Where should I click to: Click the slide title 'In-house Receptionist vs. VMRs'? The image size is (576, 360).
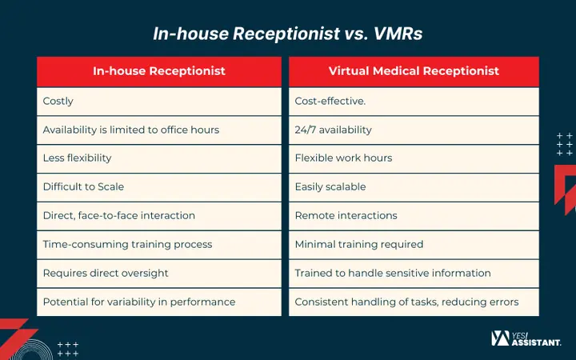pyautogui.click(x=288, y=34)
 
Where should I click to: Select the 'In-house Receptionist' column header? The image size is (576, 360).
pyautogui.click(x=159, y=71)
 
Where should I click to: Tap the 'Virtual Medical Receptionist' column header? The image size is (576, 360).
pyautogui.click(x=414, y=71)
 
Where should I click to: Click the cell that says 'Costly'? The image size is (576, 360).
pyautogui.click(x=159, y=102)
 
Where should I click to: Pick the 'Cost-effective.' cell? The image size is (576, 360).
pyautogui.click(x=414, y=102)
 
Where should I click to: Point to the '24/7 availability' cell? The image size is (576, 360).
pyautogui.click(x=414, y=130)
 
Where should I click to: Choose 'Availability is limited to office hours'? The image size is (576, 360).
pyautogui.click(x=159, y=130)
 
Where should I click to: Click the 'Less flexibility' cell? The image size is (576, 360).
pyautogui.click(x=159, y=158)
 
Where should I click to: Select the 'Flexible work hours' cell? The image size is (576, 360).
pyautogui.click(x=414, y=158)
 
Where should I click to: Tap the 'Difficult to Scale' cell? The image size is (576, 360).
pyautogui.click(x=159, y=187)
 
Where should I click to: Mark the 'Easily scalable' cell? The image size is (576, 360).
pyautogui.click(x=414, y=187)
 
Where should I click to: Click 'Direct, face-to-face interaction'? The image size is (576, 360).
pyautogui.click(x=159, y=216)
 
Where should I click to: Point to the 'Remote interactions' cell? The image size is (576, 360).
pyautogui.click(x=414, y=216)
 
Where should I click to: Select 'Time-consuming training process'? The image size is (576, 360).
pyautogui.click(x=159, y=245)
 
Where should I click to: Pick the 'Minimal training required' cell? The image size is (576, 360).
pyautogui.click(x=414, y=245)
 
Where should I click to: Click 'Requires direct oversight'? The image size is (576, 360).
pyautogui.click(x=159, y=274)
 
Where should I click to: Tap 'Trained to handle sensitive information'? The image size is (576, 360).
pyautogui.click(x=414, y=274)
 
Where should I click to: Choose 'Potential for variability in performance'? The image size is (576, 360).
pyautogui.click(x=159, y=302)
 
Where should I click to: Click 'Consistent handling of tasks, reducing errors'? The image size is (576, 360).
pyautogui.click(x=414, y=302)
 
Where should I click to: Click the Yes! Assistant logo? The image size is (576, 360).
pyautogui.click(x=526, y=338)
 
